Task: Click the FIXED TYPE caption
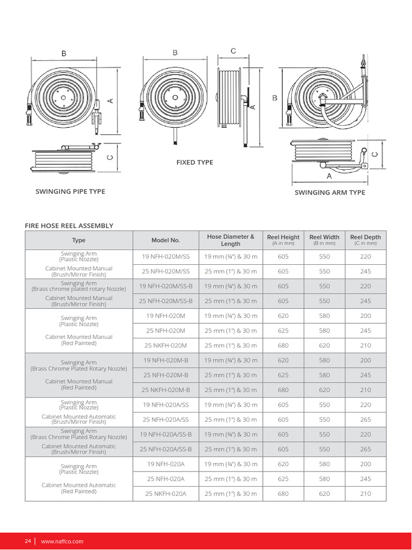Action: pyautogui.click(x=194, y=162)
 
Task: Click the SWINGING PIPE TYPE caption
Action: pyautogui.click(x=70, y=192)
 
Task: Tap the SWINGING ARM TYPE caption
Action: pyautogui.click(x=330, y=193)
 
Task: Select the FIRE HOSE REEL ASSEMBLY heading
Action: pyautogui.click(x=69, y=226)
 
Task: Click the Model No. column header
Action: pyautogui.click(x=166, y=241)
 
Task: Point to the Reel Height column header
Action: pyautogui.click(x=283, y=237)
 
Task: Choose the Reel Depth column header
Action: pyautogui.click(x=365, y=237)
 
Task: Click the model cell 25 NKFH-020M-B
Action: pyautogui.click(x=166, y=390)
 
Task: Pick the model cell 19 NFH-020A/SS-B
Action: pyautogui.click(x=166, y=435)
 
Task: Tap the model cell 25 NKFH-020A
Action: pyautogui.click(x=166, y=494)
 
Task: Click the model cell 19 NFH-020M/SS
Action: pyautogui.click(x=166, y=257)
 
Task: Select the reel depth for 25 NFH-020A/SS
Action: pyautogui.click(x=365, y=419)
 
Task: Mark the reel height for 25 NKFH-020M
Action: pyautogui.click(x=283, y=345)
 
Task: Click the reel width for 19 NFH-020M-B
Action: pyautogui.click(x=325, y=360)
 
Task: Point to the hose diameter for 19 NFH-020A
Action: pyautogui.click(x=231, y=464)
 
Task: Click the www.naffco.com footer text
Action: pyautogui.click(x=62, y=541)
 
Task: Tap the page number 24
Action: pyautogui.click(x=28, y=541)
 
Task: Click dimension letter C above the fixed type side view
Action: pyautogui.click(x=233, y=51)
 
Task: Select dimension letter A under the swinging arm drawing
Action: pyautogui.click(x=329, y=176)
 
